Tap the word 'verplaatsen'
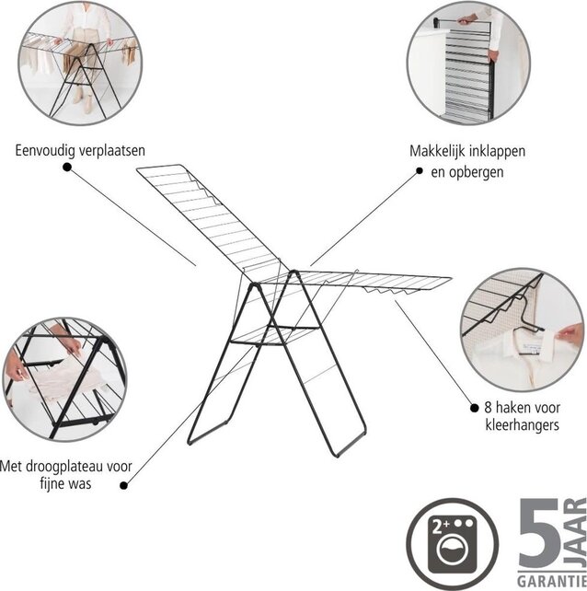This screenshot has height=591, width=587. tap(110, 149)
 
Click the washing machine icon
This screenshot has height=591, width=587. tap(439, 542)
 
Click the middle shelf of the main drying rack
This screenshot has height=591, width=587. tap(266, 341)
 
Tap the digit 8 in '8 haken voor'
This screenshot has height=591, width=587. tap(475, 406)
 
